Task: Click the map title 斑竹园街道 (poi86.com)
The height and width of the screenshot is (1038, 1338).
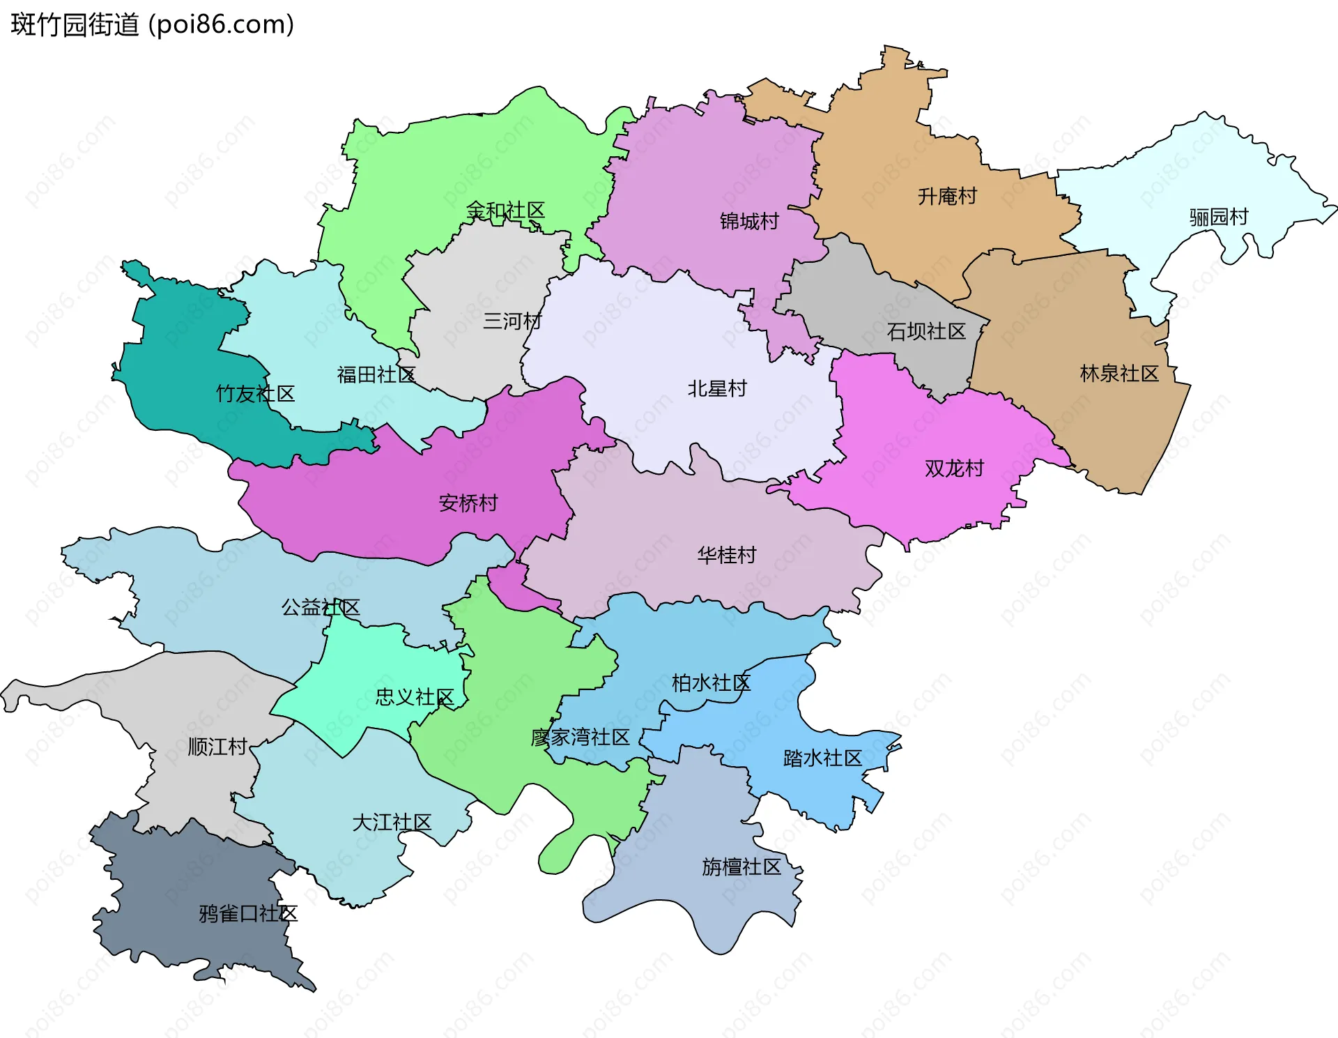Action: pos(152,25)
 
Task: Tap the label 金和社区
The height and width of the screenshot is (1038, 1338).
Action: pos(505,211)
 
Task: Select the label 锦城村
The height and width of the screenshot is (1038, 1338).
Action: pos(749,222)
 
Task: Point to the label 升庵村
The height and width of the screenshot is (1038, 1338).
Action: pos(947,197)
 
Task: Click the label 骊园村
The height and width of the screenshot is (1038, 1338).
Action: pos(1218,217)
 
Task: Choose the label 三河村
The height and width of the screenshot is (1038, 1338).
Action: pos(512,321)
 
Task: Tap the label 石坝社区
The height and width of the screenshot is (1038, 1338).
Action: pos(926,332)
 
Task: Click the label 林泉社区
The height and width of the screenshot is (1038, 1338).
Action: pos(1119,374)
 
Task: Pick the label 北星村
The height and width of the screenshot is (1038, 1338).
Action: pos(717,389)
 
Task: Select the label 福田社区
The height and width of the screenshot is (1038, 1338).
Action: pos(376,375)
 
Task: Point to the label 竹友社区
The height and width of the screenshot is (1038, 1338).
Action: pos(255,395)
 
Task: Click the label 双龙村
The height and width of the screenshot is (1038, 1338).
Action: pos(954,468)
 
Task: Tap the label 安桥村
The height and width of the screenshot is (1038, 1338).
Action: pos(468,503)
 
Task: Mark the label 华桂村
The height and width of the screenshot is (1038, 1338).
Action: pos(727,556)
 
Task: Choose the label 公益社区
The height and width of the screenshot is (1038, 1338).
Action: pos(321,608)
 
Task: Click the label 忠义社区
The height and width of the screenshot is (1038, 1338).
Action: pos(415,697)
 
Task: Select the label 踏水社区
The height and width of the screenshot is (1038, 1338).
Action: pos(822,758)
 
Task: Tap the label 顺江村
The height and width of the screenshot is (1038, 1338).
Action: pos(217,747)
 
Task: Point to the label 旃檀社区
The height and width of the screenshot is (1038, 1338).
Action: pos(741,867)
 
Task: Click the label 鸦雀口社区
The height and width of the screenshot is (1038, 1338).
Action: pos(248,914)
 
